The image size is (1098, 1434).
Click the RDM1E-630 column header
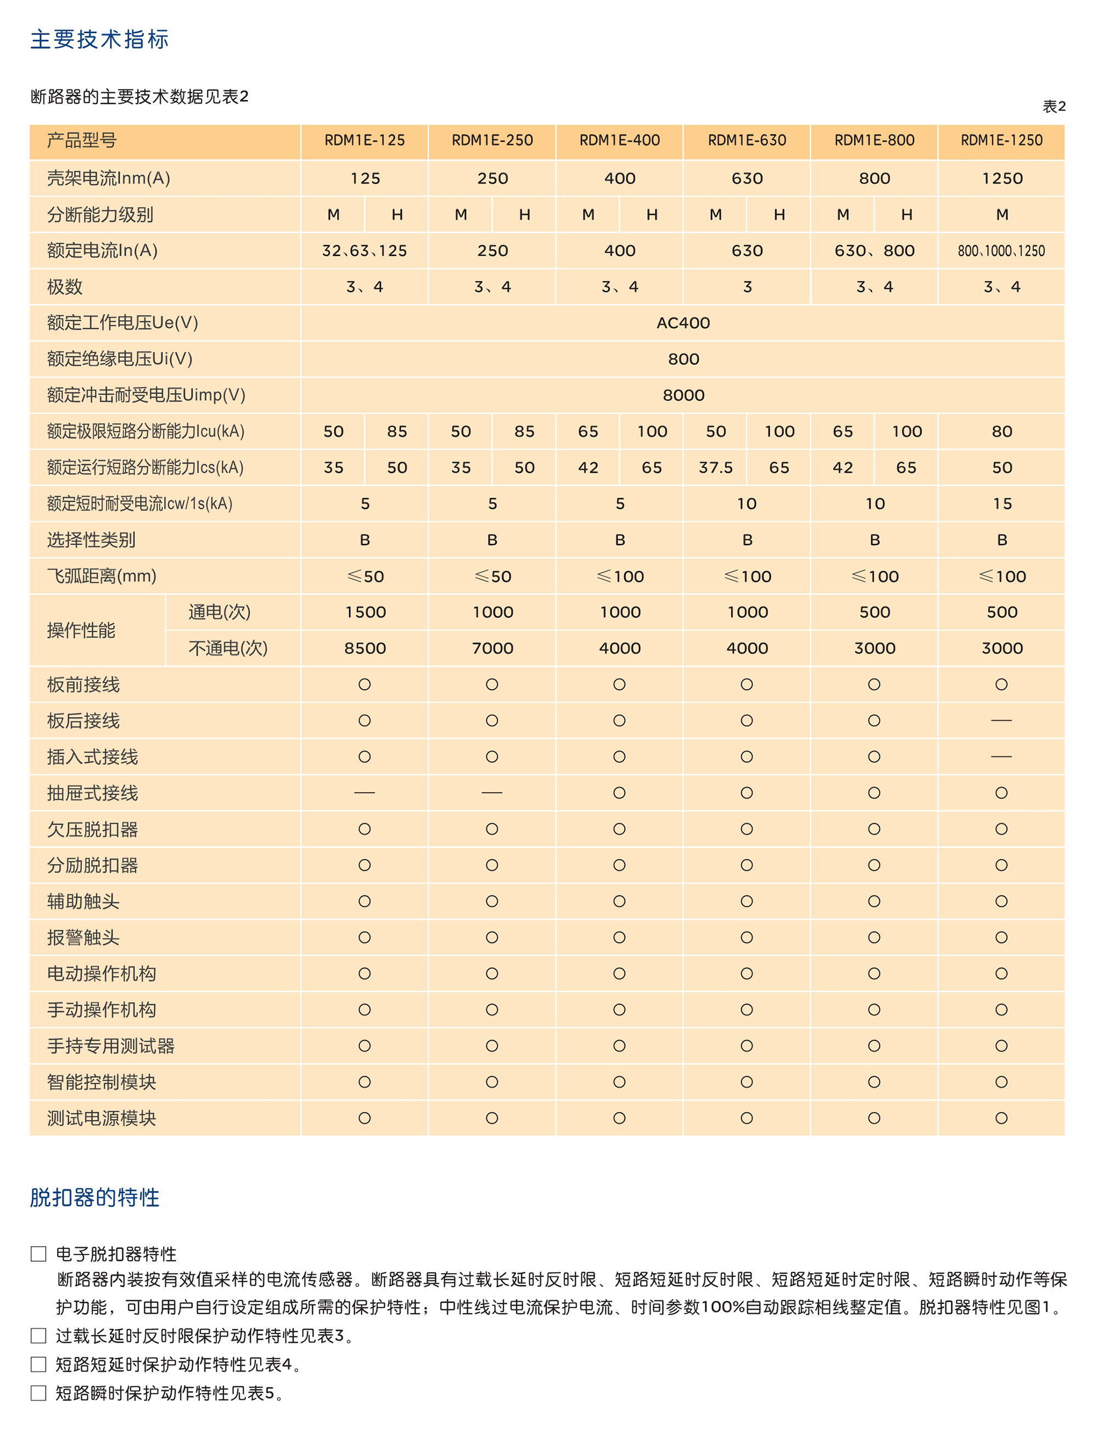pyautogui.click(x=747, y=140)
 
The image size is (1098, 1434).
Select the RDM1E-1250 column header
pyautogui.click(x=1001, y=140)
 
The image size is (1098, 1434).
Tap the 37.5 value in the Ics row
pyautogui.click(x=716, y=467)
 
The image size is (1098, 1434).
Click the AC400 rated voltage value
pyautogui.click(x=683, y=323)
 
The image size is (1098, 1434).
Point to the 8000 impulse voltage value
pyautogui.click(x=683, y=395)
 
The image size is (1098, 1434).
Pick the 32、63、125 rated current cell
pyautogui.click(x=364, y=251)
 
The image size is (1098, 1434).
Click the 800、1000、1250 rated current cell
pyautogui.click(x=1001, y=251)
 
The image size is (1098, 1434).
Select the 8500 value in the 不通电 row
pyautogui.click(x=365, y=648)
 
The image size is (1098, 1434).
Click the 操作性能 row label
pyautogui.click(x=81, y=630)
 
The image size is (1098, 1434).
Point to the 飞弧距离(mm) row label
pyautogui.click(x=102, y=576)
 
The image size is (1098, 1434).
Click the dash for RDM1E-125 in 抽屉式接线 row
pyautogui.click(x=364, y=793)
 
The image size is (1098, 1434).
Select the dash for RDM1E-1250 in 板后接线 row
pyautogui.click(x=1001, y=720)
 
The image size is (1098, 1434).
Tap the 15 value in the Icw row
pyautogui.click(x=1002, y=503)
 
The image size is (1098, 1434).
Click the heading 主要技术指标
pyautogui.click(x=99, y=39)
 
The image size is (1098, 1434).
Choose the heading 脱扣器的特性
pyautogui.click(x=95, y=1197)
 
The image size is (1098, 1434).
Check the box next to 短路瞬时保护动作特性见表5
pyautogui.click(x=38, y=1393)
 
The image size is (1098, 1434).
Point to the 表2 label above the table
pyautogui.click(x=1054, y=106)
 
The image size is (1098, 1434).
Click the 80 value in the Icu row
pyautogui.click(x=1002, y=432)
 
